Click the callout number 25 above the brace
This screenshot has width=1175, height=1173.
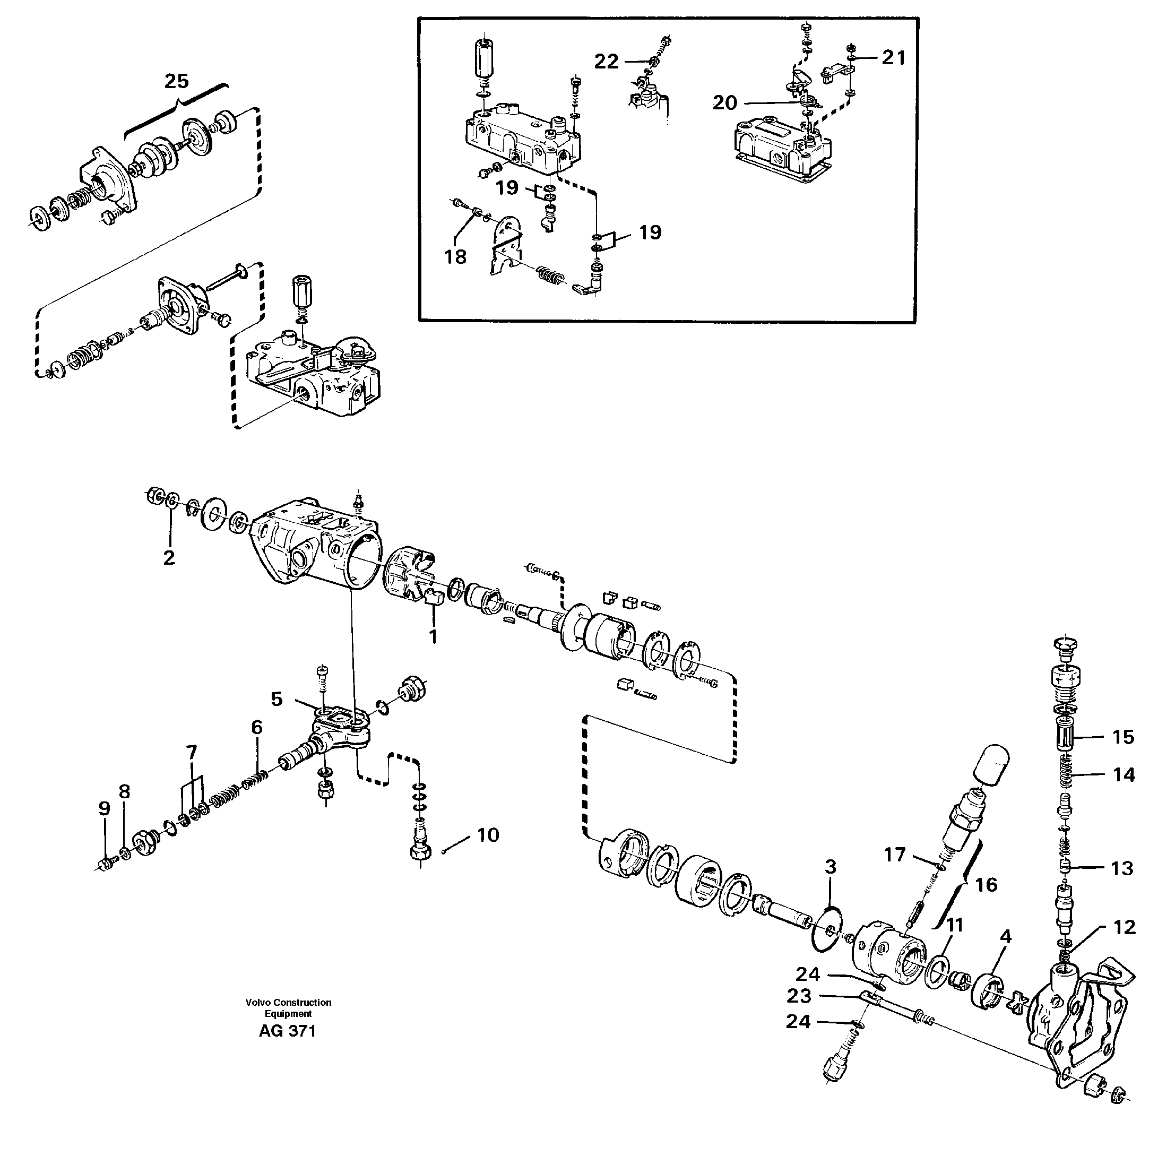(176, 81)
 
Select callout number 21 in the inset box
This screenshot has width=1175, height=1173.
(893, 58)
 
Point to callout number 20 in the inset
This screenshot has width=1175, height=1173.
(724, 103)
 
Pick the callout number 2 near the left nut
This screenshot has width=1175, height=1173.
(169, 557)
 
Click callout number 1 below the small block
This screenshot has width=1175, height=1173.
(433, 637)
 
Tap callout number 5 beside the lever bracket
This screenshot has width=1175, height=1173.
(277, 700)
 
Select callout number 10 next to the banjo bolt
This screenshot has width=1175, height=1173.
(488, 835)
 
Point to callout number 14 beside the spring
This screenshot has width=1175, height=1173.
(1124, 775)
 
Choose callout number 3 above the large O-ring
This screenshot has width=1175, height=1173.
(830, 867)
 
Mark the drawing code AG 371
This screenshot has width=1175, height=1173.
(287, 1031)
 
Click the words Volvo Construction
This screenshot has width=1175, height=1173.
(288, 1002)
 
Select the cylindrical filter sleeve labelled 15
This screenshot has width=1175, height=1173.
(1067, 738)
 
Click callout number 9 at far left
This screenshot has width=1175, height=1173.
(105, 809)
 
